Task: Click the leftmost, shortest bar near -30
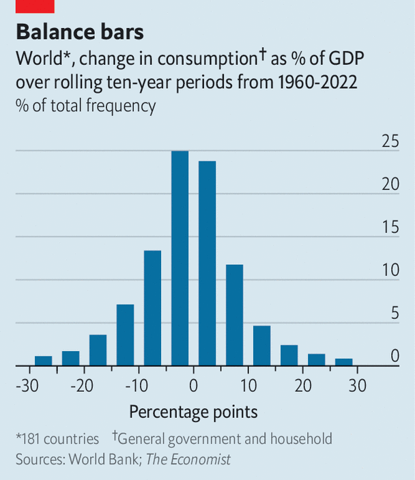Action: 44,361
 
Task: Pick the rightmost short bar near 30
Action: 343,362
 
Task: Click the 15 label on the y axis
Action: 390,227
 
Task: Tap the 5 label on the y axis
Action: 394,314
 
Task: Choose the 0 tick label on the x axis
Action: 193,386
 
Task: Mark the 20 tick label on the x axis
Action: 302,386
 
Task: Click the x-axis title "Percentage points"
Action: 193,412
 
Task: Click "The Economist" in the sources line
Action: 191,459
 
